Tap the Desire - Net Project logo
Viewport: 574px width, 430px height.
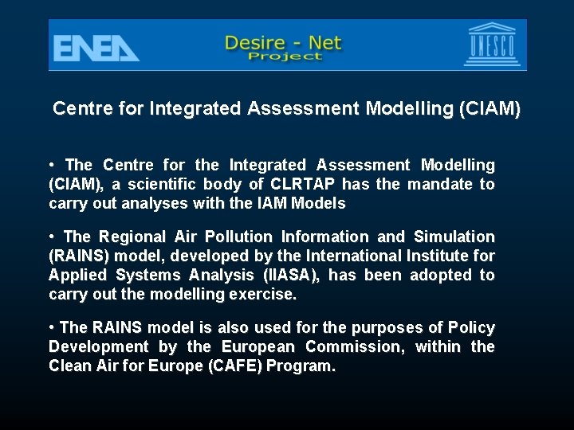[x=283, y=47]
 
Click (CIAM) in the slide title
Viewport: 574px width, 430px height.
[x=489, y=109]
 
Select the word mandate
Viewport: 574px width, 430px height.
[x=442, y=185]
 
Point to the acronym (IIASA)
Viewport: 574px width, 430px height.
[x=291, y=276]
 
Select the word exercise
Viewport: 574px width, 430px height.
[x=265, y=295]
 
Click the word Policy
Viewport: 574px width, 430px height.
[x=471, y=328]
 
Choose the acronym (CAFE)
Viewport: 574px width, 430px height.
[x=235, y=366]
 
